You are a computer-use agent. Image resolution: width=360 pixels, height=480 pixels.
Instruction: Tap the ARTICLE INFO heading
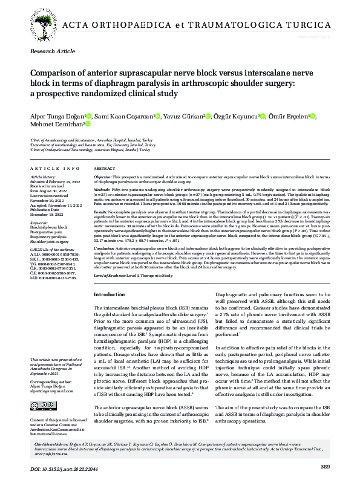point(54,168)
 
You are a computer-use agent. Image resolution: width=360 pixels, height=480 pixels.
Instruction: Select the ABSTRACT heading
point(105,168)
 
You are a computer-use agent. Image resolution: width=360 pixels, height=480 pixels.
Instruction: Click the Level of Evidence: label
point(116,275)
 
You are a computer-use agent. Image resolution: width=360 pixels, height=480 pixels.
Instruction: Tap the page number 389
point(325,465)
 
